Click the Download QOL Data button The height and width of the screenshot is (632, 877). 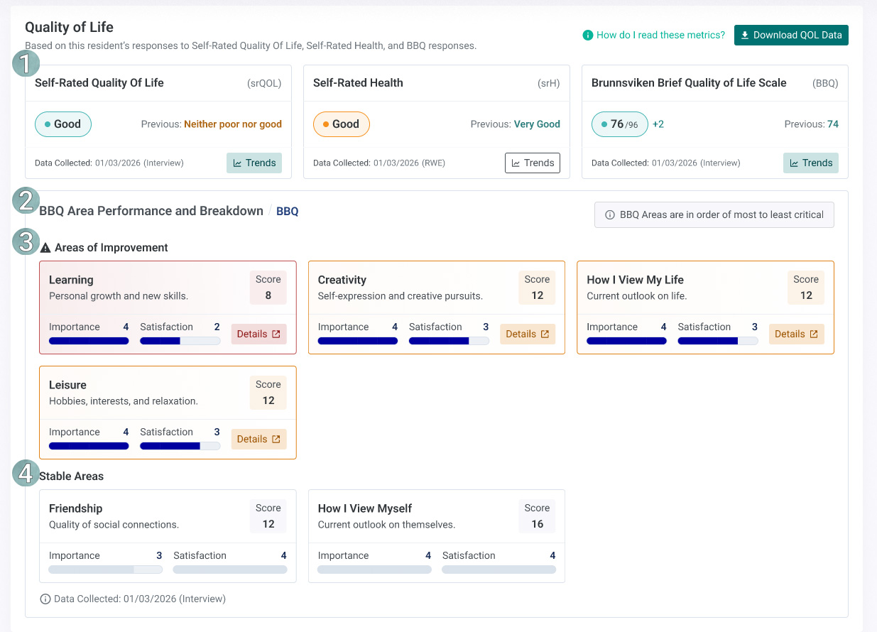(x=791, y=36)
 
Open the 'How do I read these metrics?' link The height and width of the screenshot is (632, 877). (x=653, y=36)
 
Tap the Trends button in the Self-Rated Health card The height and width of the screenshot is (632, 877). (x=532, y=163)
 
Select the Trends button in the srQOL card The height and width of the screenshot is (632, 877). (x=254, y=163)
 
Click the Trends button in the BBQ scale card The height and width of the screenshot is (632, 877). (x=811, y=163)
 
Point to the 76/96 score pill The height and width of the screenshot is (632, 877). (x=619, y=124)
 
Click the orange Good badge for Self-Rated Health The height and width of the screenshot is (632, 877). (x=341, y=124)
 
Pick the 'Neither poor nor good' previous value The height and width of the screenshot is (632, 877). (x=232, y=124)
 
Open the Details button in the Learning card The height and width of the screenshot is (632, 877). (x=258, y=334)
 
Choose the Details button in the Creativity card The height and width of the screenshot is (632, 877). (x=528, y=334)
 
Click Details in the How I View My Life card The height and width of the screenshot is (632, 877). (x=796, y=334)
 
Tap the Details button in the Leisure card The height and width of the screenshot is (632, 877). (x=258, y=439)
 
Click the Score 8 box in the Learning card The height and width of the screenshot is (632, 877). (x=268, y=288)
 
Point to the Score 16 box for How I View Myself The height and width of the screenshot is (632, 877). (x=537, y=516)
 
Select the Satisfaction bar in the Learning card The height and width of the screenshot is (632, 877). (x=180, y=341)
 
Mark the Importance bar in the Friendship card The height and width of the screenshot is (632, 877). (x=105, y=570)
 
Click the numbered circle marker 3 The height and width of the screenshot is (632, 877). (x=26, y=241)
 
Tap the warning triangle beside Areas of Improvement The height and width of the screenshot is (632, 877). (x=45, y=248)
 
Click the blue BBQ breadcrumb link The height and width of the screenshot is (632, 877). (x=287, y=212)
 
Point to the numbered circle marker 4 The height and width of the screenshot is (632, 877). (x=26, y=473)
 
